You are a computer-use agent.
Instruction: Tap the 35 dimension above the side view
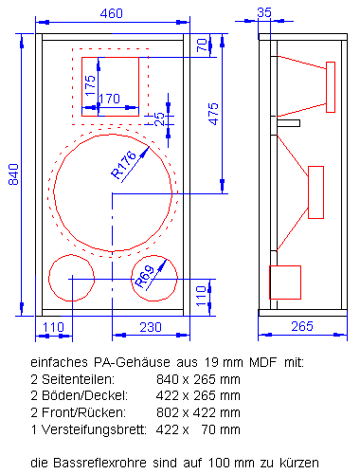coord(263,12)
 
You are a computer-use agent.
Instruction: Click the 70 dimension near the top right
coord(200,45)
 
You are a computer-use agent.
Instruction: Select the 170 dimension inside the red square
coord(109,98)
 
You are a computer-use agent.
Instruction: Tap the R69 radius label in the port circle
coord(144,276)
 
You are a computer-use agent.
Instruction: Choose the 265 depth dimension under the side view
coord(301,326)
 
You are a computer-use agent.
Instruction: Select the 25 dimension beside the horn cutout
coord(159,116)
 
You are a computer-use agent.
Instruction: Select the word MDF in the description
coord(239,361)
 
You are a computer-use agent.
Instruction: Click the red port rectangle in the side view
coord(285,282)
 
